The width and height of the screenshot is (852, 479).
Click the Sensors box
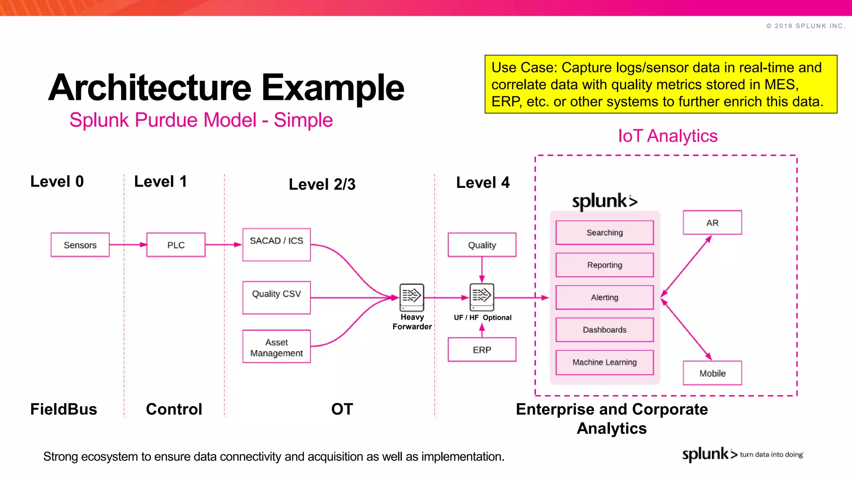(80, 245)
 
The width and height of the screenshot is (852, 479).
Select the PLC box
(176, 245)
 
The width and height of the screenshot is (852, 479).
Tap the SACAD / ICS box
(276, 244)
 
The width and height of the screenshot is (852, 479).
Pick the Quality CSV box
(276, 297)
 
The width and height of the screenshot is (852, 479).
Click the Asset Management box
(276, 346)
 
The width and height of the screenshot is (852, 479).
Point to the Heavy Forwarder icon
(411, 297)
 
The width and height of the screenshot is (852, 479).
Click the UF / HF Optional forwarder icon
(482, 297)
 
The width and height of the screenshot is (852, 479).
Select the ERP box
(482, 350)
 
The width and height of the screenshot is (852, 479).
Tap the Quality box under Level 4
(482, 245)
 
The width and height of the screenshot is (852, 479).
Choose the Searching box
(604, 232)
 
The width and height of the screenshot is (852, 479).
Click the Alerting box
(604, 297)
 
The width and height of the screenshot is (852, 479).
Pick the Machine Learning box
(604, 362)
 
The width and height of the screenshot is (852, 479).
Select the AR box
(712, 222)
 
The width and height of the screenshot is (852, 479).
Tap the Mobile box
(712, 373)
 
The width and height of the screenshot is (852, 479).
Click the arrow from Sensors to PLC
(128, 244)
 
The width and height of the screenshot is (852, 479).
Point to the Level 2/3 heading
(322, 184)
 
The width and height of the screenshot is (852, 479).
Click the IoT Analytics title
(667, 136)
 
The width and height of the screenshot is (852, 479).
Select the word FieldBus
(64, 409)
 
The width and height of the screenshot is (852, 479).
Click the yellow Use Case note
(661, 84)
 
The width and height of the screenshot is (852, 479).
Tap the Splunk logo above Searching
(604, 201)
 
